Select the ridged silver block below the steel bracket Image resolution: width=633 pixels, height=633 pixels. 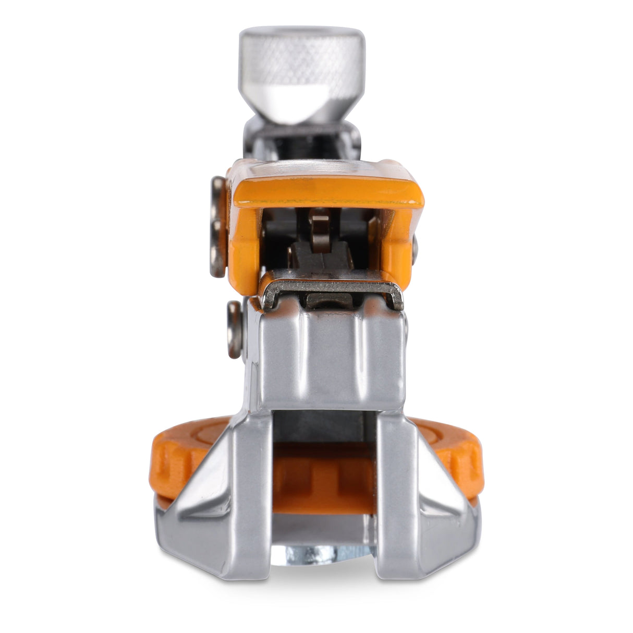334,355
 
